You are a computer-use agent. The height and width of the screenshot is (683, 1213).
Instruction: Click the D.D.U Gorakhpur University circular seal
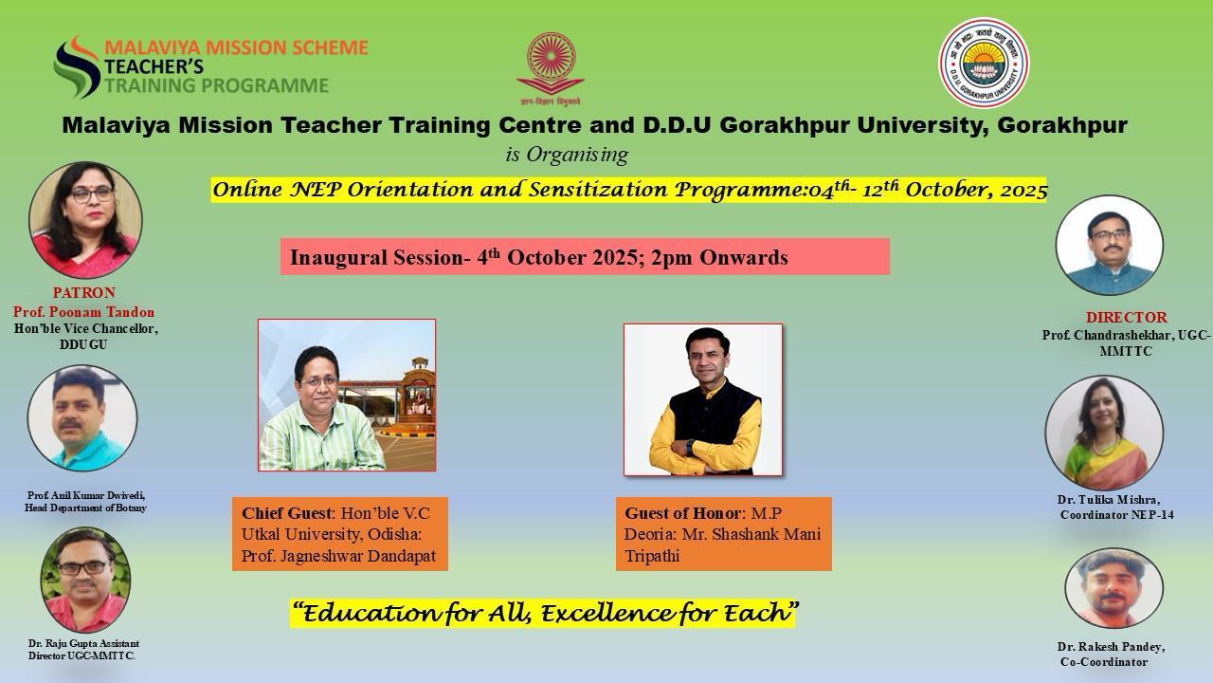click(984, 63)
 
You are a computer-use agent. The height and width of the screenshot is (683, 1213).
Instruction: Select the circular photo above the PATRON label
click(85, 219)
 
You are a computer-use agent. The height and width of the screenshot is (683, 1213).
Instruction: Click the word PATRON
click(84, 293)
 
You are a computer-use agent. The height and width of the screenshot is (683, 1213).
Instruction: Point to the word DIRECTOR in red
click(1127, 317)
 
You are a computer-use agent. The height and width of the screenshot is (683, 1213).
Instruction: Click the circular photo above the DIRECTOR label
click(1110, 246)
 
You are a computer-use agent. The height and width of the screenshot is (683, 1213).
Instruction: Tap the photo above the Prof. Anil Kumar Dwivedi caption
click(82, 418)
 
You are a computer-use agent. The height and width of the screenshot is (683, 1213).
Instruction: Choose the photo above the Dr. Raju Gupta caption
click(85, 580)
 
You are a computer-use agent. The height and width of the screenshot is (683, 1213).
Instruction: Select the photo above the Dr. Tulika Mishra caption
click(1104, 432)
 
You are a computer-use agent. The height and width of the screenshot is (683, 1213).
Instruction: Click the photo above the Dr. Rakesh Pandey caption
click(1113, 588)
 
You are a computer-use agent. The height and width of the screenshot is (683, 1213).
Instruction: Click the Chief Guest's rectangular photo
click(347, 396)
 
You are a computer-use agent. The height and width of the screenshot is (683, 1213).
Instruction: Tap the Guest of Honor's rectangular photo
click(703, 399)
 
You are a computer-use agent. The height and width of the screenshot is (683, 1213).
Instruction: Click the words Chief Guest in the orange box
click(286, 513)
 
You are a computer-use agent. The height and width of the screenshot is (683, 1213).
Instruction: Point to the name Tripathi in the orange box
click(652, 556)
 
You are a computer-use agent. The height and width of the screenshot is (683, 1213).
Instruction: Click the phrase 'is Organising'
click(567, 155)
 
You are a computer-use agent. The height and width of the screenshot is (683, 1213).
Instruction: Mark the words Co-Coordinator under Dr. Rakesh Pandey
click(1104, 662)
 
